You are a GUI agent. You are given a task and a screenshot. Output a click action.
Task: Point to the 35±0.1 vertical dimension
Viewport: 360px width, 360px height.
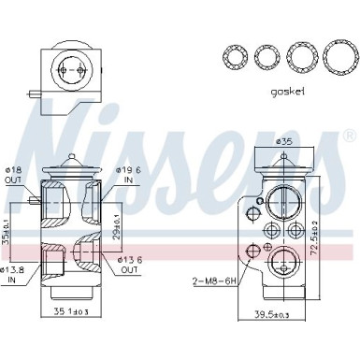7,224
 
